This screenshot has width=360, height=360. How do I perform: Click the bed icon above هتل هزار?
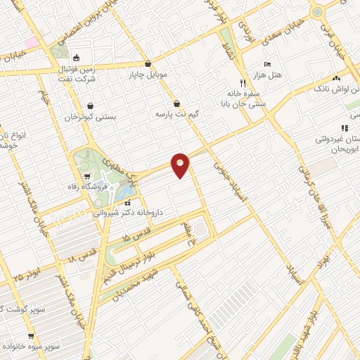[266, 64]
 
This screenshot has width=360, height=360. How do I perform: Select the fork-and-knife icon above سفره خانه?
[243, 82]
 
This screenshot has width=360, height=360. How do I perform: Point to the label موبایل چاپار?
[147, 74]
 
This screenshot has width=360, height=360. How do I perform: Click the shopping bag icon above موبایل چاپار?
[147, 63]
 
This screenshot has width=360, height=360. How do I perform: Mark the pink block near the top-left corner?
[31, 41]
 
